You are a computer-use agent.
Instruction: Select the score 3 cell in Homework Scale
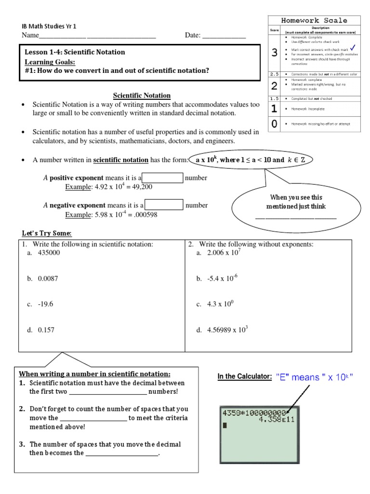[x=274, y=53]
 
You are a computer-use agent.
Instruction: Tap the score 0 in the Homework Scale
[x=274, y=124]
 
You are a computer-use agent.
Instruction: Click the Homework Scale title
[x=315, y=20]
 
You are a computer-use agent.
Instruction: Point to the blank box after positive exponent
[x=164, y=178]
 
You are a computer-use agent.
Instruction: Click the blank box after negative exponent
[x=164, y=205]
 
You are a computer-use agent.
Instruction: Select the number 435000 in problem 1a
[x=49, y=252]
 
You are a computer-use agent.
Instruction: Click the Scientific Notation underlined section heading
[x=142, y=96]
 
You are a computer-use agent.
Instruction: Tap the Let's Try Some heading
[x=45, y=233]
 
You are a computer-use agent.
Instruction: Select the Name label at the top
[x=29, y=36]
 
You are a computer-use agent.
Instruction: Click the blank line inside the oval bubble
[x=295, y=218]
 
